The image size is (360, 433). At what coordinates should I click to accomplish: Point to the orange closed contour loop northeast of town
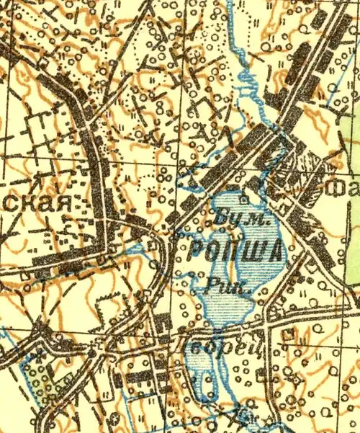(x=317, y=115)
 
